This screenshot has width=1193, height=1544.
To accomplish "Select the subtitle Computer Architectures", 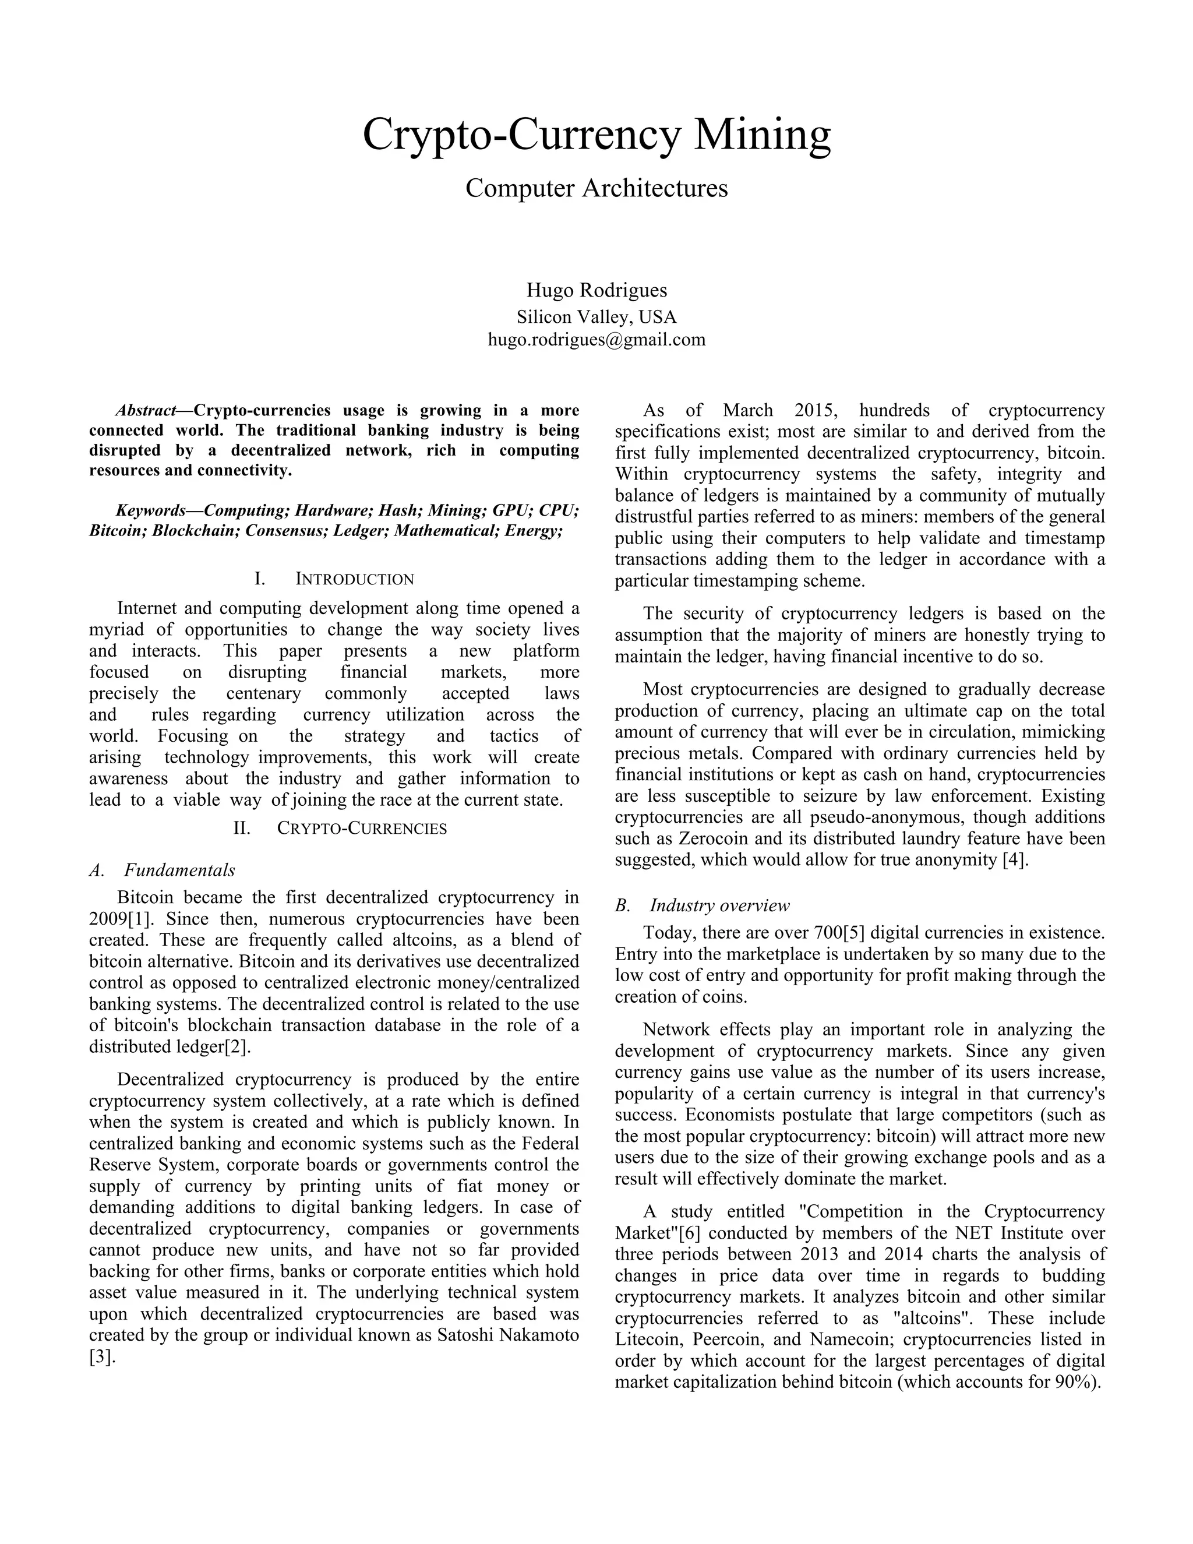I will coord(596,188).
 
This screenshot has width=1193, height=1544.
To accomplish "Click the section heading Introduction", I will coord(354,580).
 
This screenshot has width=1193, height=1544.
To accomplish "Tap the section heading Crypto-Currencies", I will coord(361,829).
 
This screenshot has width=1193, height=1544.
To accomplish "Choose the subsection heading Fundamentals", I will coord(179,870).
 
